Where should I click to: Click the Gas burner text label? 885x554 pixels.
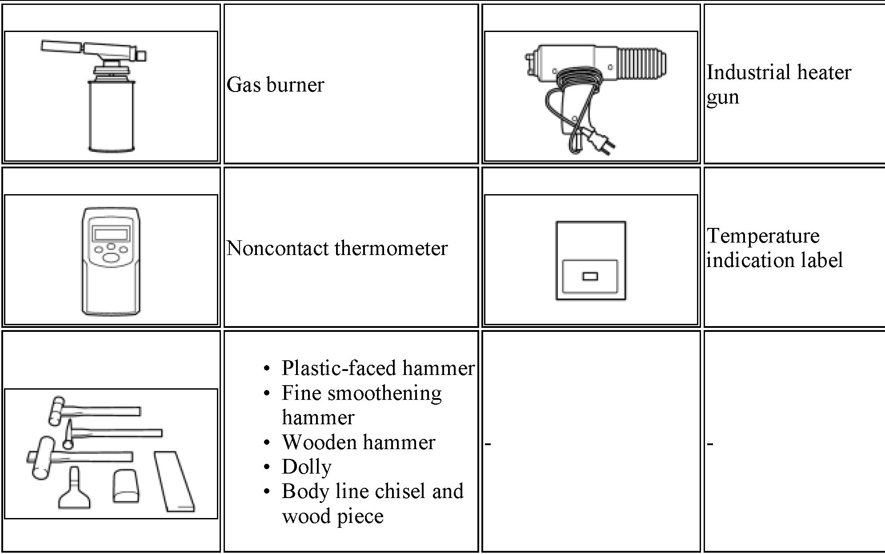(275, 84)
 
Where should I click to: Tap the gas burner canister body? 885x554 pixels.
(111, 116)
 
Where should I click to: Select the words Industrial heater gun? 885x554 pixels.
(778, 84)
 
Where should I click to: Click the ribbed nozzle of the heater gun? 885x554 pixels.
(642, 62)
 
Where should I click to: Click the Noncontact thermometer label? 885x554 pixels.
(337, 248)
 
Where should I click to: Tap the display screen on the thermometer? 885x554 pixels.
(111, 233)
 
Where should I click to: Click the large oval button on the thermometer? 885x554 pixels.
(111, 257)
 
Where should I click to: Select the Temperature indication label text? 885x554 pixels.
(774, 248)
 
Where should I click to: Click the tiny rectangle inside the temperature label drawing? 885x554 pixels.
(590, 276)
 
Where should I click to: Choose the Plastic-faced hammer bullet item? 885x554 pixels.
(378, 368)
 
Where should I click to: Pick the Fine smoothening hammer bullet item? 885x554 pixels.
(362, 405)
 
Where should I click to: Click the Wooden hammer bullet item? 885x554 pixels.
(358, 442)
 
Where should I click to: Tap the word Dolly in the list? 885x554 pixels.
(307, 466)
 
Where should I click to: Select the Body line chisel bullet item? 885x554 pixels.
(372, 503)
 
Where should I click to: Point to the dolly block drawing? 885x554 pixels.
(126, 486)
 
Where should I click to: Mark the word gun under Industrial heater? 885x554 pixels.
(723, 97)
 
